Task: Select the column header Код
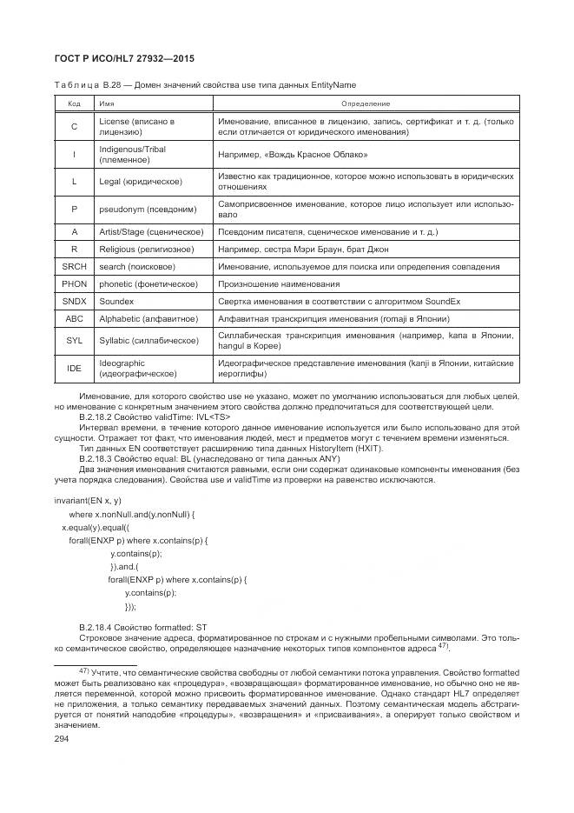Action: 74,103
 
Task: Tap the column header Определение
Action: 365,103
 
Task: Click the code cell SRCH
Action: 74,266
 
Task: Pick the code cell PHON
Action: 74,283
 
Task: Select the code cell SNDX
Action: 74,301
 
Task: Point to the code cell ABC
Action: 74,318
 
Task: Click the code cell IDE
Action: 74,368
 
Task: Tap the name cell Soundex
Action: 117,301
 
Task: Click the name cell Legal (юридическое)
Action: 141,181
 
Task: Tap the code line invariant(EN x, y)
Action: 87,501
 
